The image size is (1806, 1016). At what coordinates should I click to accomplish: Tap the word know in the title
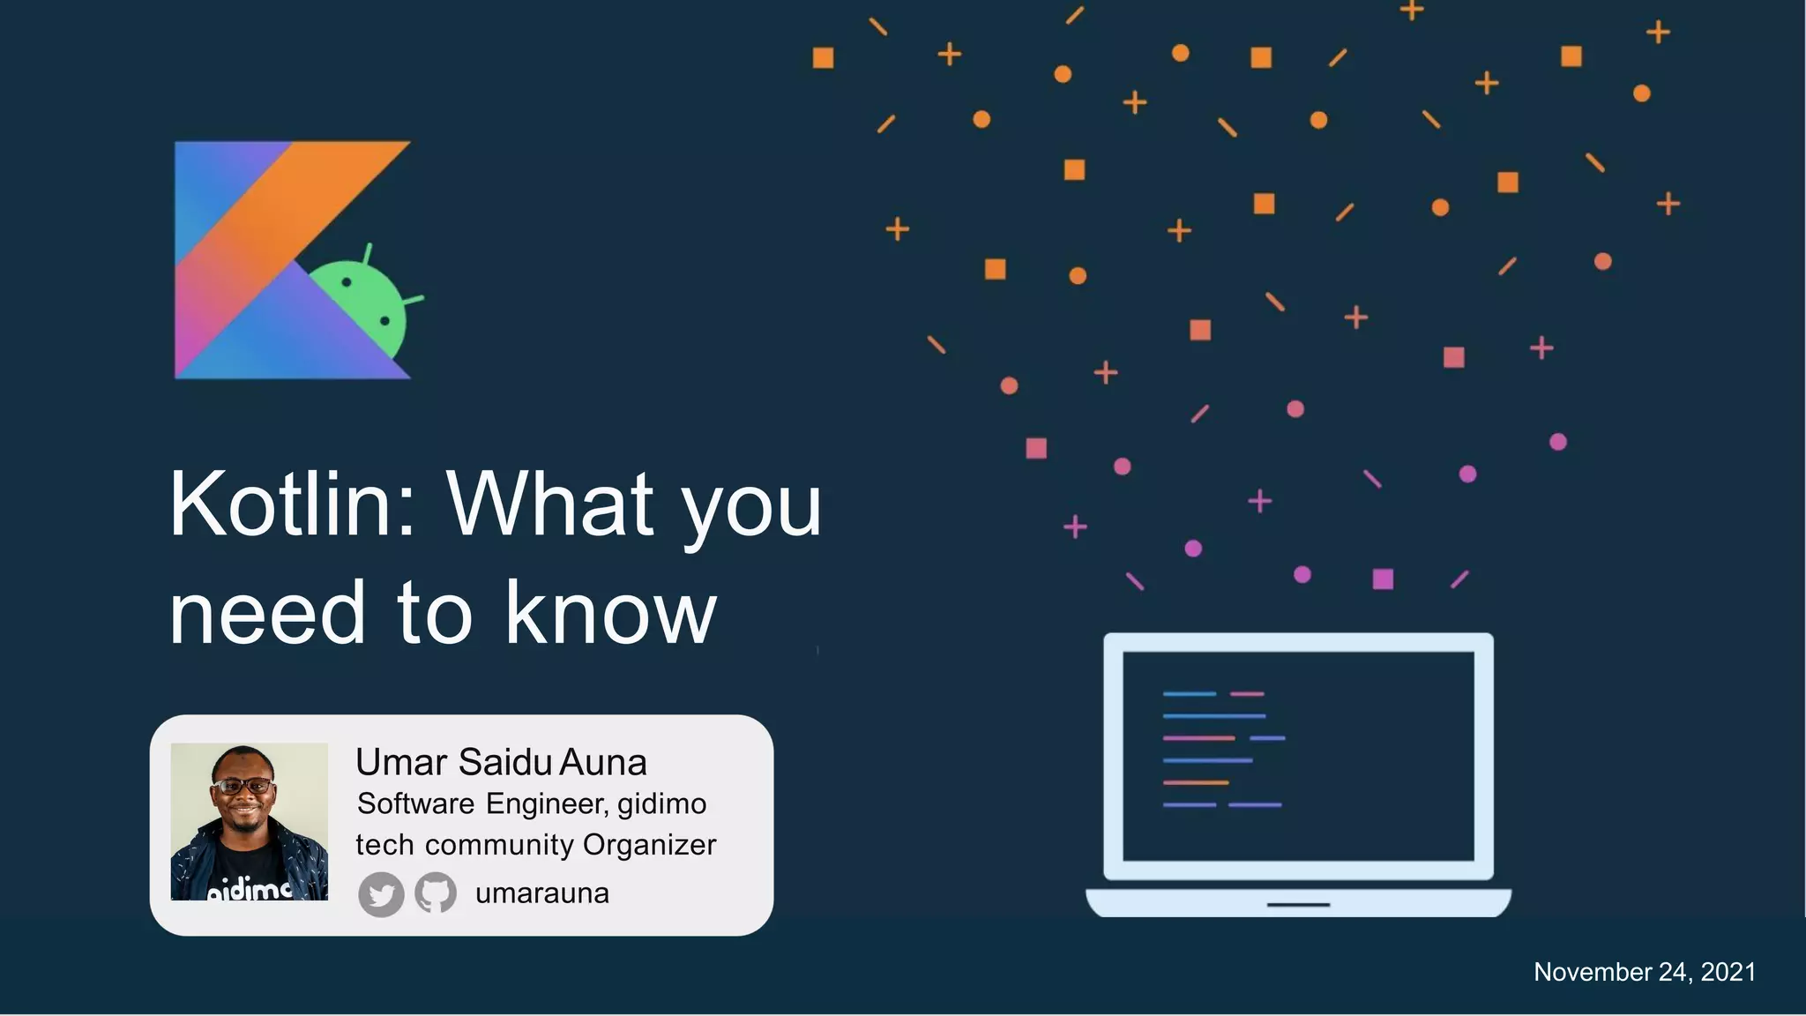tap(610, 613)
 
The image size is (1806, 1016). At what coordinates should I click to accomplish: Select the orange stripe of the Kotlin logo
tap(291, 203)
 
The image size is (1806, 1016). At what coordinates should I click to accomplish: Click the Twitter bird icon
tap(381, 895)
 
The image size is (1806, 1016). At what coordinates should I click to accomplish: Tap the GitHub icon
tap(436, 893)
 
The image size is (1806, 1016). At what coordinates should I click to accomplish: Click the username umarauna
tap(541, 893)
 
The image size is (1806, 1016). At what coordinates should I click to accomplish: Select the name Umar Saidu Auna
tap(500, 762)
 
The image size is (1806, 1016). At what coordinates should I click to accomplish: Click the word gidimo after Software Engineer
tap(661, 804)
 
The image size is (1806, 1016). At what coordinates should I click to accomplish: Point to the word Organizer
tap(649, 845)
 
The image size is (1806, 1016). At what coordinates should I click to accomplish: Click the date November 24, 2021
tap(1644, 972)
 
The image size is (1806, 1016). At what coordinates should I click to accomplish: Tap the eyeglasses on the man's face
tap(243, 786)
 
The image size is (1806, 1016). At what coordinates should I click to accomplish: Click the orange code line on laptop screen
tap(1195, 782)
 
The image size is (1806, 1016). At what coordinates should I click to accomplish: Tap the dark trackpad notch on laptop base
tap(1298, 905)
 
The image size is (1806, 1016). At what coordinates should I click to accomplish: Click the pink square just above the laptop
tap(1383, 579)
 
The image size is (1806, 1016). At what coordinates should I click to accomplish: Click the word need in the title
tap(266, 613)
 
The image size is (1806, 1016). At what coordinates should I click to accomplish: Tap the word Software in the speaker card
tap(415, 804)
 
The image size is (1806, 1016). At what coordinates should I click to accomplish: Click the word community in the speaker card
tap(499, 845)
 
